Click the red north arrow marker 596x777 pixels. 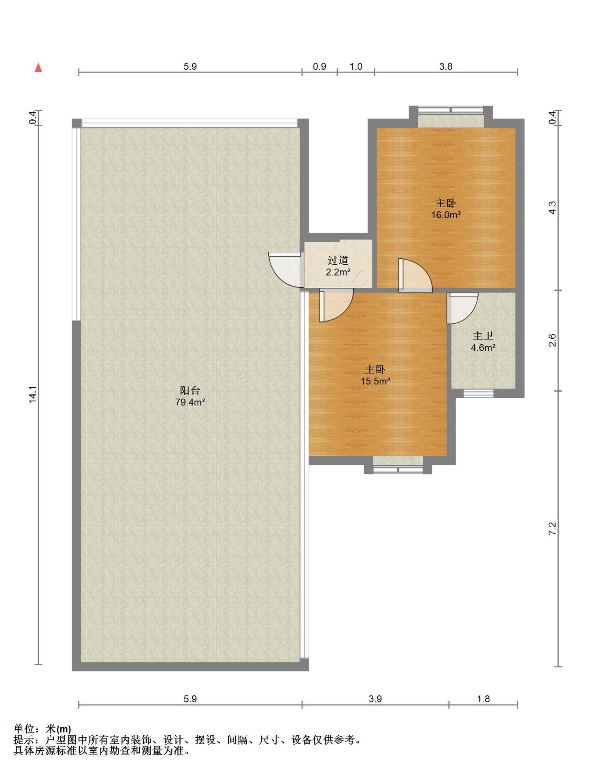38,68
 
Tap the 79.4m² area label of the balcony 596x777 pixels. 190,402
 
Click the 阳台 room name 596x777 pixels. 190,391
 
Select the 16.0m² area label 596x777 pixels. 446,215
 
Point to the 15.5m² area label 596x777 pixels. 375,381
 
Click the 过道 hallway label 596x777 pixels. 338,261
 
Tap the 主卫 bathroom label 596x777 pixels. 483,336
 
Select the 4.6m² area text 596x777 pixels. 483,348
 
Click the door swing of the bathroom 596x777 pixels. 462,308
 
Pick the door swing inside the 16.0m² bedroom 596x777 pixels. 415,275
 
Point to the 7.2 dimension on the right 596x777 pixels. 552,529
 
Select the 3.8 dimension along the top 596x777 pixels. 446,66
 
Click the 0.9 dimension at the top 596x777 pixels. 319,66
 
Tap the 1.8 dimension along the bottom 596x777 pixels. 483,699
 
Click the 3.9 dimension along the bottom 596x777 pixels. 375,699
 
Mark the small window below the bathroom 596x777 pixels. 479,393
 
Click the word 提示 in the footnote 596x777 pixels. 23,740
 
